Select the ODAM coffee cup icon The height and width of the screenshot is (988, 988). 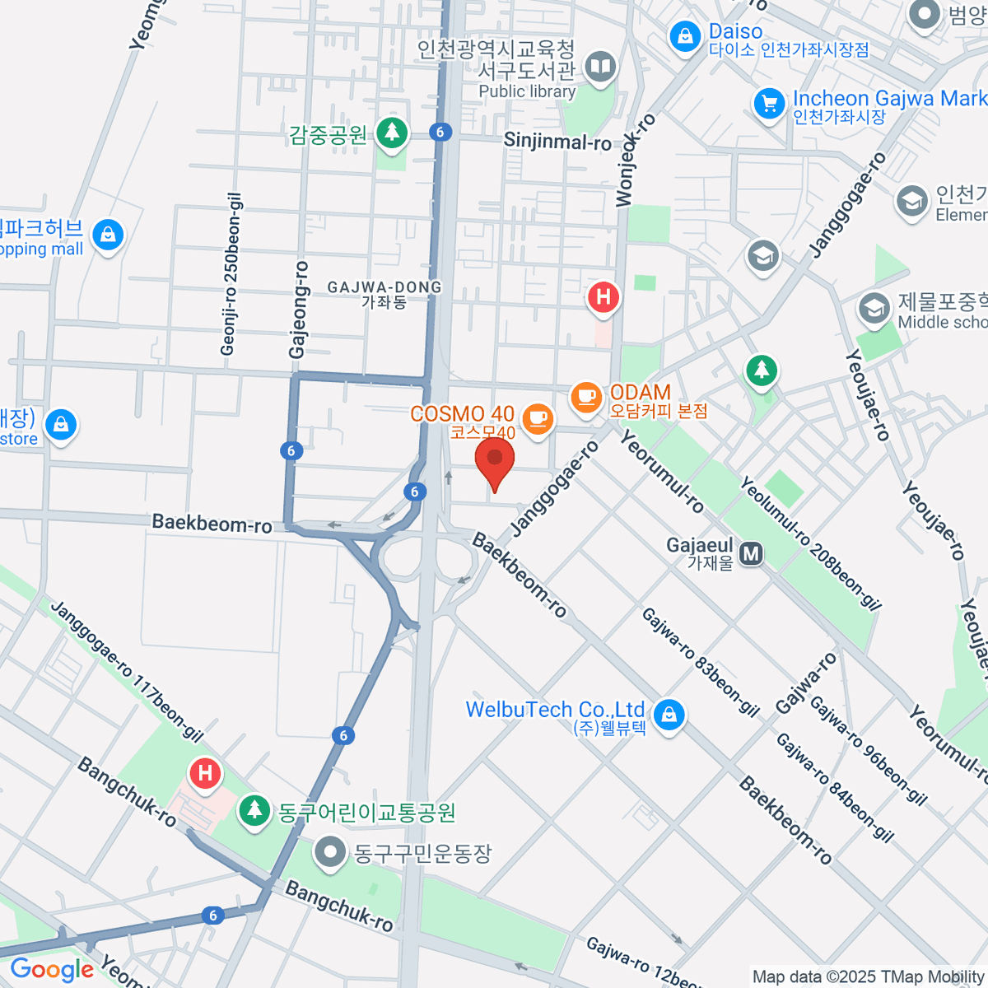pyautogui.click(x=586, y=398)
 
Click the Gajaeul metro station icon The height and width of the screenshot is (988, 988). pyautogui.click(x=751, y=554)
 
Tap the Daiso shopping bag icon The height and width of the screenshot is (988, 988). pyautogui.click(x=685, y=37)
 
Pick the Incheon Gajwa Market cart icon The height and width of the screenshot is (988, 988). pyautogui.click(x=769, y=104)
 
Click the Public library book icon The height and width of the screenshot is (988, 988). pyautogui.click(x=601, y=67)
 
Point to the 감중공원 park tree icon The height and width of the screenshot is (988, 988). pyautogui.click(x=392, y=132)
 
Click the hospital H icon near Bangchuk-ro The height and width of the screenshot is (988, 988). pyautogui.click(x=205, y=773)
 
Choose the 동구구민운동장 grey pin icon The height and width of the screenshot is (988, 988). pyautogui.click(x=331, y=852)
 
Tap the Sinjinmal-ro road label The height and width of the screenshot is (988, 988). pyautogui.click(x=557, y=141)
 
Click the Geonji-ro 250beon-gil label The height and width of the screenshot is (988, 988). pyautogui.click(x=231, y=274)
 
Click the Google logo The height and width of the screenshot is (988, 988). pyautogui.click(x=52, y=969)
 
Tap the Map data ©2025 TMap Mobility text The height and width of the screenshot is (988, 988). pyautogui.click(x=868, y=977)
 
